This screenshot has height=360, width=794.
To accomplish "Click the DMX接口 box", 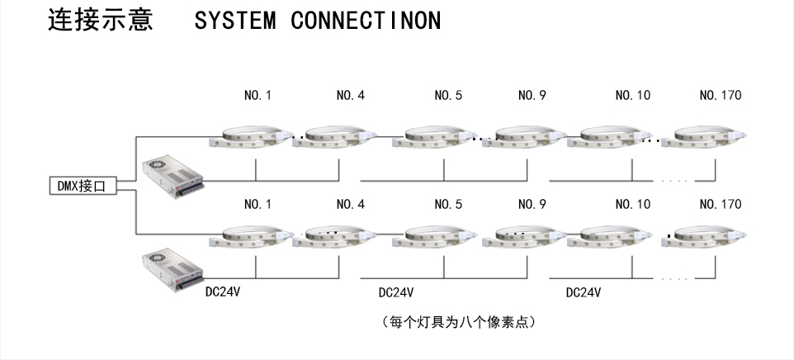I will (x=82, y=187).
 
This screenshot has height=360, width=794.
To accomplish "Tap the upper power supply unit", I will (x=171, y=174).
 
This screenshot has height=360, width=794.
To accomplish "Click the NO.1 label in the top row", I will (x=258, y=95).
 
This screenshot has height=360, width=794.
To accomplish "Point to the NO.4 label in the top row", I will (x=350, y=95).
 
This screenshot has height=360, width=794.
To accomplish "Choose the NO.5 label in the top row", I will (x=448, y=95).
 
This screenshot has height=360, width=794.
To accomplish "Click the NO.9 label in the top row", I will (x=532, y=95).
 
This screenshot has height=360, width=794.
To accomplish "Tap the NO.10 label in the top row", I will (x=632, y=95).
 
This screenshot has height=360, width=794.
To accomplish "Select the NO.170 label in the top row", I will (x=720, y=95).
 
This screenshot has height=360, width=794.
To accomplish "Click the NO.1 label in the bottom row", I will (x=258, y=204).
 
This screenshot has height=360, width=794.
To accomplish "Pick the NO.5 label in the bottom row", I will (x=448, y=204).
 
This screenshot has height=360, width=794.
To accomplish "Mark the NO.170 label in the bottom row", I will (x=720, y=204).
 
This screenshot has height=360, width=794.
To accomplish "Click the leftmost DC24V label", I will (x=223, y=292).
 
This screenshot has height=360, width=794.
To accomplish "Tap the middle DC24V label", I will (x=396, y=292).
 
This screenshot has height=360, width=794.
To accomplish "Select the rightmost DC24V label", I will (x=583, y=292).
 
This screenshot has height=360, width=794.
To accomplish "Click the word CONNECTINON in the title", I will (x=366, y=21).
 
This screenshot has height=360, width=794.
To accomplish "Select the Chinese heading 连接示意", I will (x=101, y=20).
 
